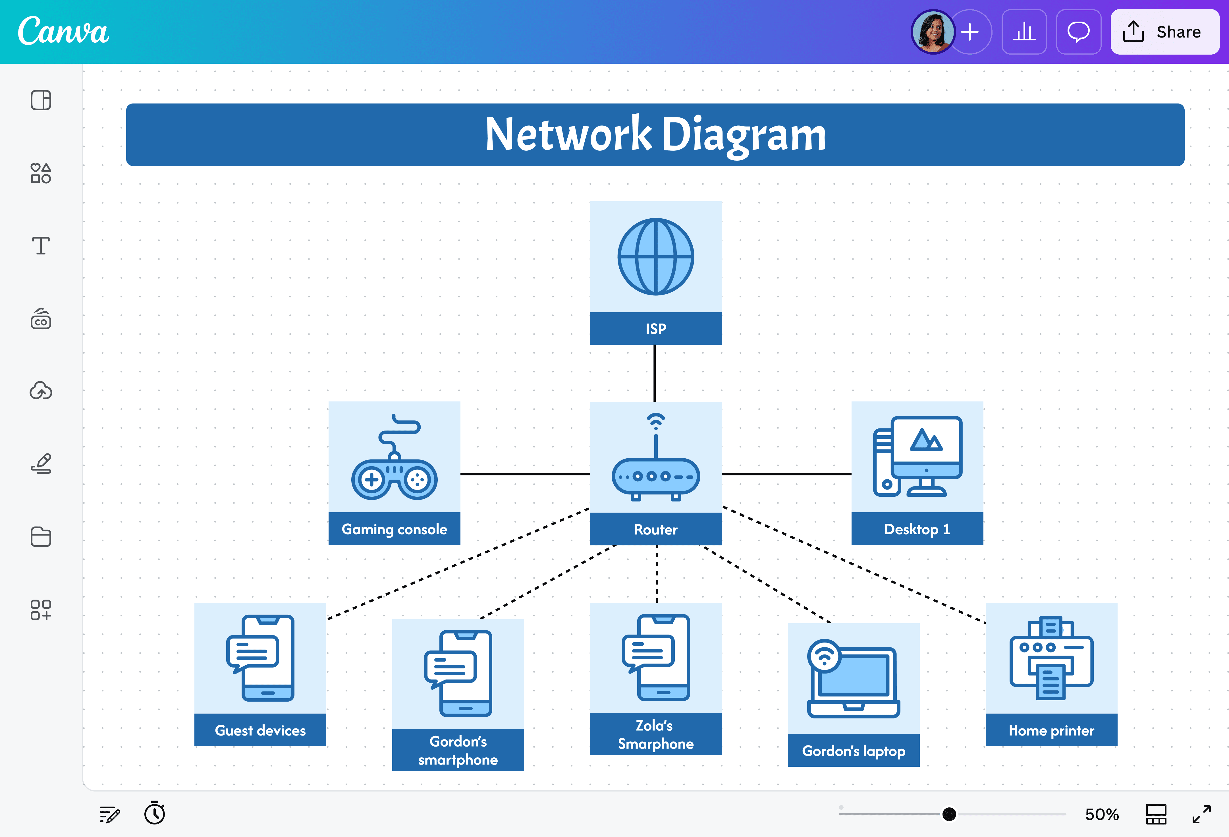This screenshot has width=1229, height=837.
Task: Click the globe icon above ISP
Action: pyautogui.click(x=656, y=257)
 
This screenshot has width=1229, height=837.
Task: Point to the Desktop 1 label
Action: pyautogui.click(x=917, y=529)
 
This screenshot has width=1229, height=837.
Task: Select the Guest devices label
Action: pyautogui.click(x=260, y=731)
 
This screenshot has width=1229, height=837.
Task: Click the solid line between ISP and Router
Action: pyautogui.click(x=655, y=373)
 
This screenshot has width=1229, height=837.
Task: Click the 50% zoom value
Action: pyautogui.click(x=1102, y=814)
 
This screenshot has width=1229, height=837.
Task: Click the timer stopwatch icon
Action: pyautogui.click(x=154, y=813)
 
